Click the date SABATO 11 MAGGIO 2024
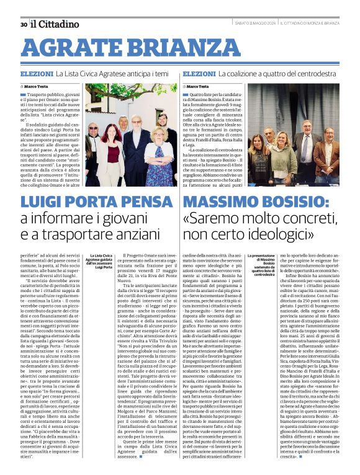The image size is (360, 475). tap(254, 24)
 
